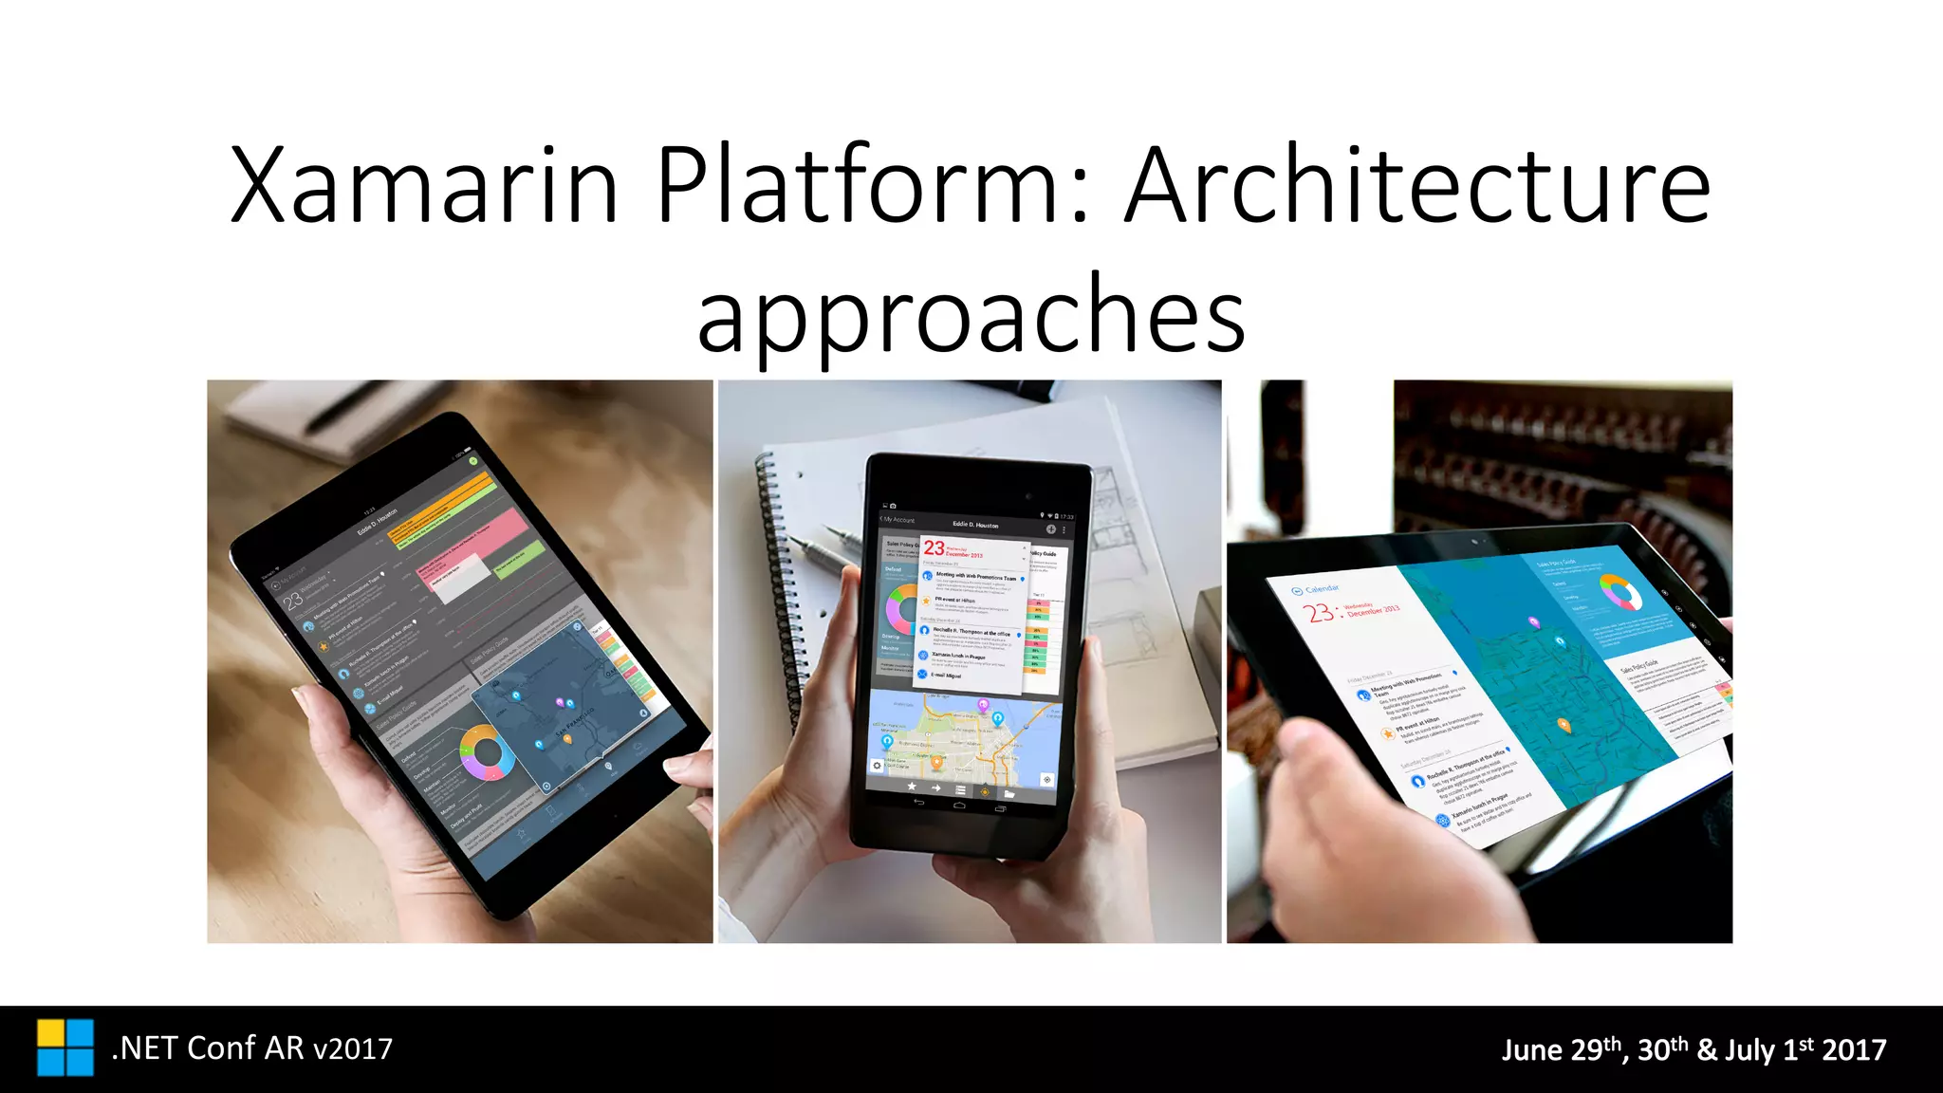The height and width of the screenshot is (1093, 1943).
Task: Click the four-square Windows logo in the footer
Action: tap(65, 1047)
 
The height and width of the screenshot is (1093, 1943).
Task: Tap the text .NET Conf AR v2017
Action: tap(251, 1048)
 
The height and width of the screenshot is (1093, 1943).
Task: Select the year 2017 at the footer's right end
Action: tap(1854, 1049)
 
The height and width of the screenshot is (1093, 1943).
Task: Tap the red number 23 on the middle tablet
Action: tap(934, 548)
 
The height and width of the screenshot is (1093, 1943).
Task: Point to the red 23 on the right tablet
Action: tap(1320, 613)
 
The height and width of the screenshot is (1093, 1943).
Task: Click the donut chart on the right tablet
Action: tap(1620, 593)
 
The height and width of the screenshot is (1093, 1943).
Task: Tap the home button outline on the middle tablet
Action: tap(958, 806)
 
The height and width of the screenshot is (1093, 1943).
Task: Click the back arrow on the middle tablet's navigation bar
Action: tap(917, 803)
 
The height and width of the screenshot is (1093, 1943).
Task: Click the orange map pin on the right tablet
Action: tap(1564, 726)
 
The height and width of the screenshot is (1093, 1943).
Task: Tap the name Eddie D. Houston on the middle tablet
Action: tap(975, 525)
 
